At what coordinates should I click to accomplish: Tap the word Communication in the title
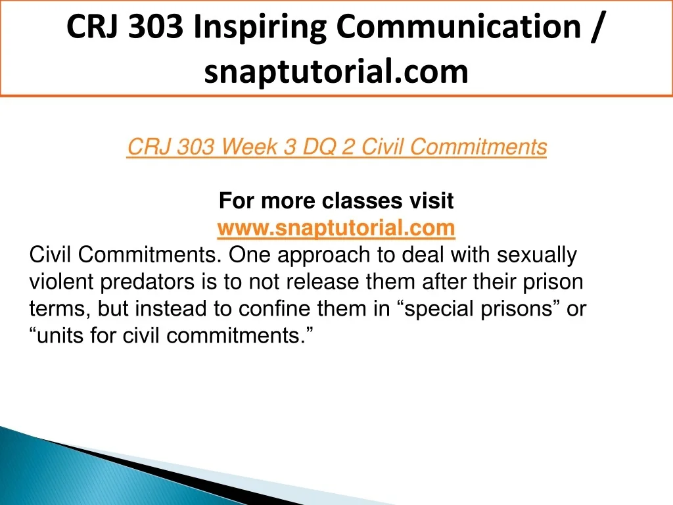pos(459,26)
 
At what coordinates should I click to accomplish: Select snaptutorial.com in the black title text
pos(336,71)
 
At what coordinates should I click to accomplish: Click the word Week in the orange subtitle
pos(249,147)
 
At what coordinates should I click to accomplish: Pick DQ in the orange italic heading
pos(319,147)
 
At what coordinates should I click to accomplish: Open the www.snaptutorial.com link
pos(336,228)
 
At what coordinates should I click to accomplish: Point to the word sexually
pos(536,256)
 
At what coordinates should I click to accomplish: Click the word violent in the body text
pos(61,281)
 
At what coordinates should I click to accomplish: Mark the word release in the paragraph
pos(322,281)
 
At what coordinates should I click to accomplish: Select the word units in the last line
pos(60,335)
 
